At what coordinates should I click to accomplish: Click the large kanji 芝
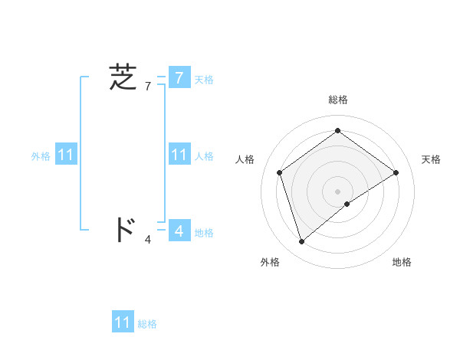coord(123,77)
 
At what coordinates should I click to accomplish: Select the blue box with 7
coord(179,78)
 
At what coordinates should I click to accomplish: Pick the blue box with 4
coord(179,230)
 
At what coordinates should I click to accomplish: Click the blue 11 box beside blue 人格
coord(179,155)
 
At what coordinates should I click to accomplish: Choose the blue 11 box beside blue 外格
coord(66,155)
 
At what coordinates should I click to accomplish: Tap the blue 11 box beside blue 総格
coord(123,322)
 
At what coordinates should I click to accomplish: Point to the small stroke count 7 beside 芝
coord(148,86)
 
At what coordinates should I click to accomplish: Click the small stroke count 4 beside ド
coord(148,240)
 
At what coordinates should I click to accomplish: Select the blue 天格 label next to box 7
coord(204,80)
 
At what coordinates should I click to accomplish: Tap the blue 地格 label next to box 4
coord(204,233)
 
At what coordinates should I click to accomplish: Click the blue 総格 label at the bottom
coord(147,324)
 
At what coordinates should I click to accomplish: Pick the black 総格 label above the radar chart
coord(337,100)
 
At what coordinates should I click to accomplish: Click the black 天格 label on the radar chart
coord(431,159)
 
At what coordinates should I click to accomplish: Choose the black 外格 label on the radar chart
coord(270,262)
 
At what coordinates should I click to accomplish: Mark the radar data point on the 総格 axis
coord(337,131)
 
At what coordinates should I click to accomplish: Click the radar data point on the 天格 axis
coord(396,172)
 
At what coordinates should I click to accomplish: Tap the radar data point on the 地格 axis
coord(347,204)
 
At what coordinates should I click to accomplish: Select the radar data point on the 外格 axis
coord(301,241)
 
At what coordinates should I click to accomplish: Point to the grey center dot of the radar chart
coord(337,191)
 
